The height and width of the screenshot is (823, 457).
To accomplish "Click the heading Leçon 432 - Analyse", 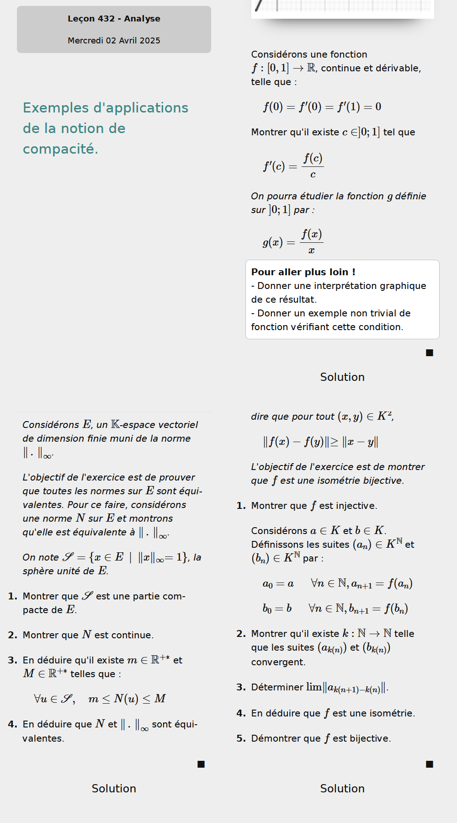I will (114, 19).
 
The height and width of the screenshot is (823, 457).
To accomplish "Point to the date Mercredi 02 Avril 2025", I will (114, 41).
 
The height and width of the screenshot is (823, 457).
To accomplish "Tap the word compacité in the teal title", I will (60, 149).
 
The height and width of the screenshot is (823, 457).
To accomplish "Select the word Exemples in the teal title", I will (56, 108).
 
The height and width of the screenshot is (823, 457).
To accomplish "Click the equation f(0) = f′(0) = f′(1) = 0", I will (322, 107).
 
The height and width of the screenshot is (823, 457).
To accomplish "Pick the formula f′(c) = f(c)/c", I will (293, 166).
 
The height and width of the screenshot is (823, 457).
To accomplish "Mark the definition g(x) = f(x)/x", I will (292, 241).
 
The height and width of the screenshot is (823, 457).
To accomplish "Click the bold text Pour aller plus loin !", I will (303, 272).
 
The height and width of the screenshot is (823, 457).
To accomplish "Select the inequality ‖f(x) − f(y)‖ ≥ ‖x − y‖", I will (320, 442).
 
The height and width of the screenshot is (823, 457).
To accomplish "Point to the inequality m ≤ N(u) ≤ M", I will (127, 699).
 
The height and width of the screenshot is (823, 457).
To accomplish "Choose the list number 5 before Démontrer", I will (241, 738).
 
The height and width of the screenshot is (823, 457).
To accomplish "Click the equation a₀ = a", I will (278, 584).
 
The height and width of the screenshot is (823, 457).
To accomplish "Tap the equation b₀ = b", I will (277, 609).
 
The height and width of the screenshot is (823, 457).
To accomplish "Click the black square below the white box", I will (430, 353).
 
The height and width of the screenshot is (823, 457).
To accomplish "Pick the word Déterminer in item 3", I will (277, 687).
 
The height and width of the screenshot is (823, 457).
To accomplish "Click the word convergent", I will (278, 662).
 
